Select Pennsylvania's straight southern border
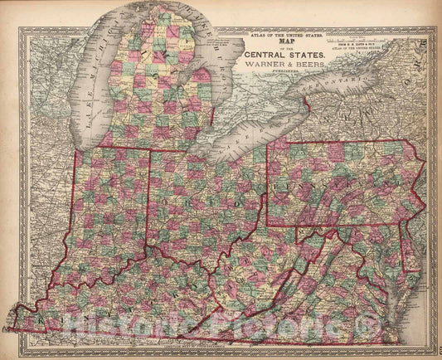(332, 225)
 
